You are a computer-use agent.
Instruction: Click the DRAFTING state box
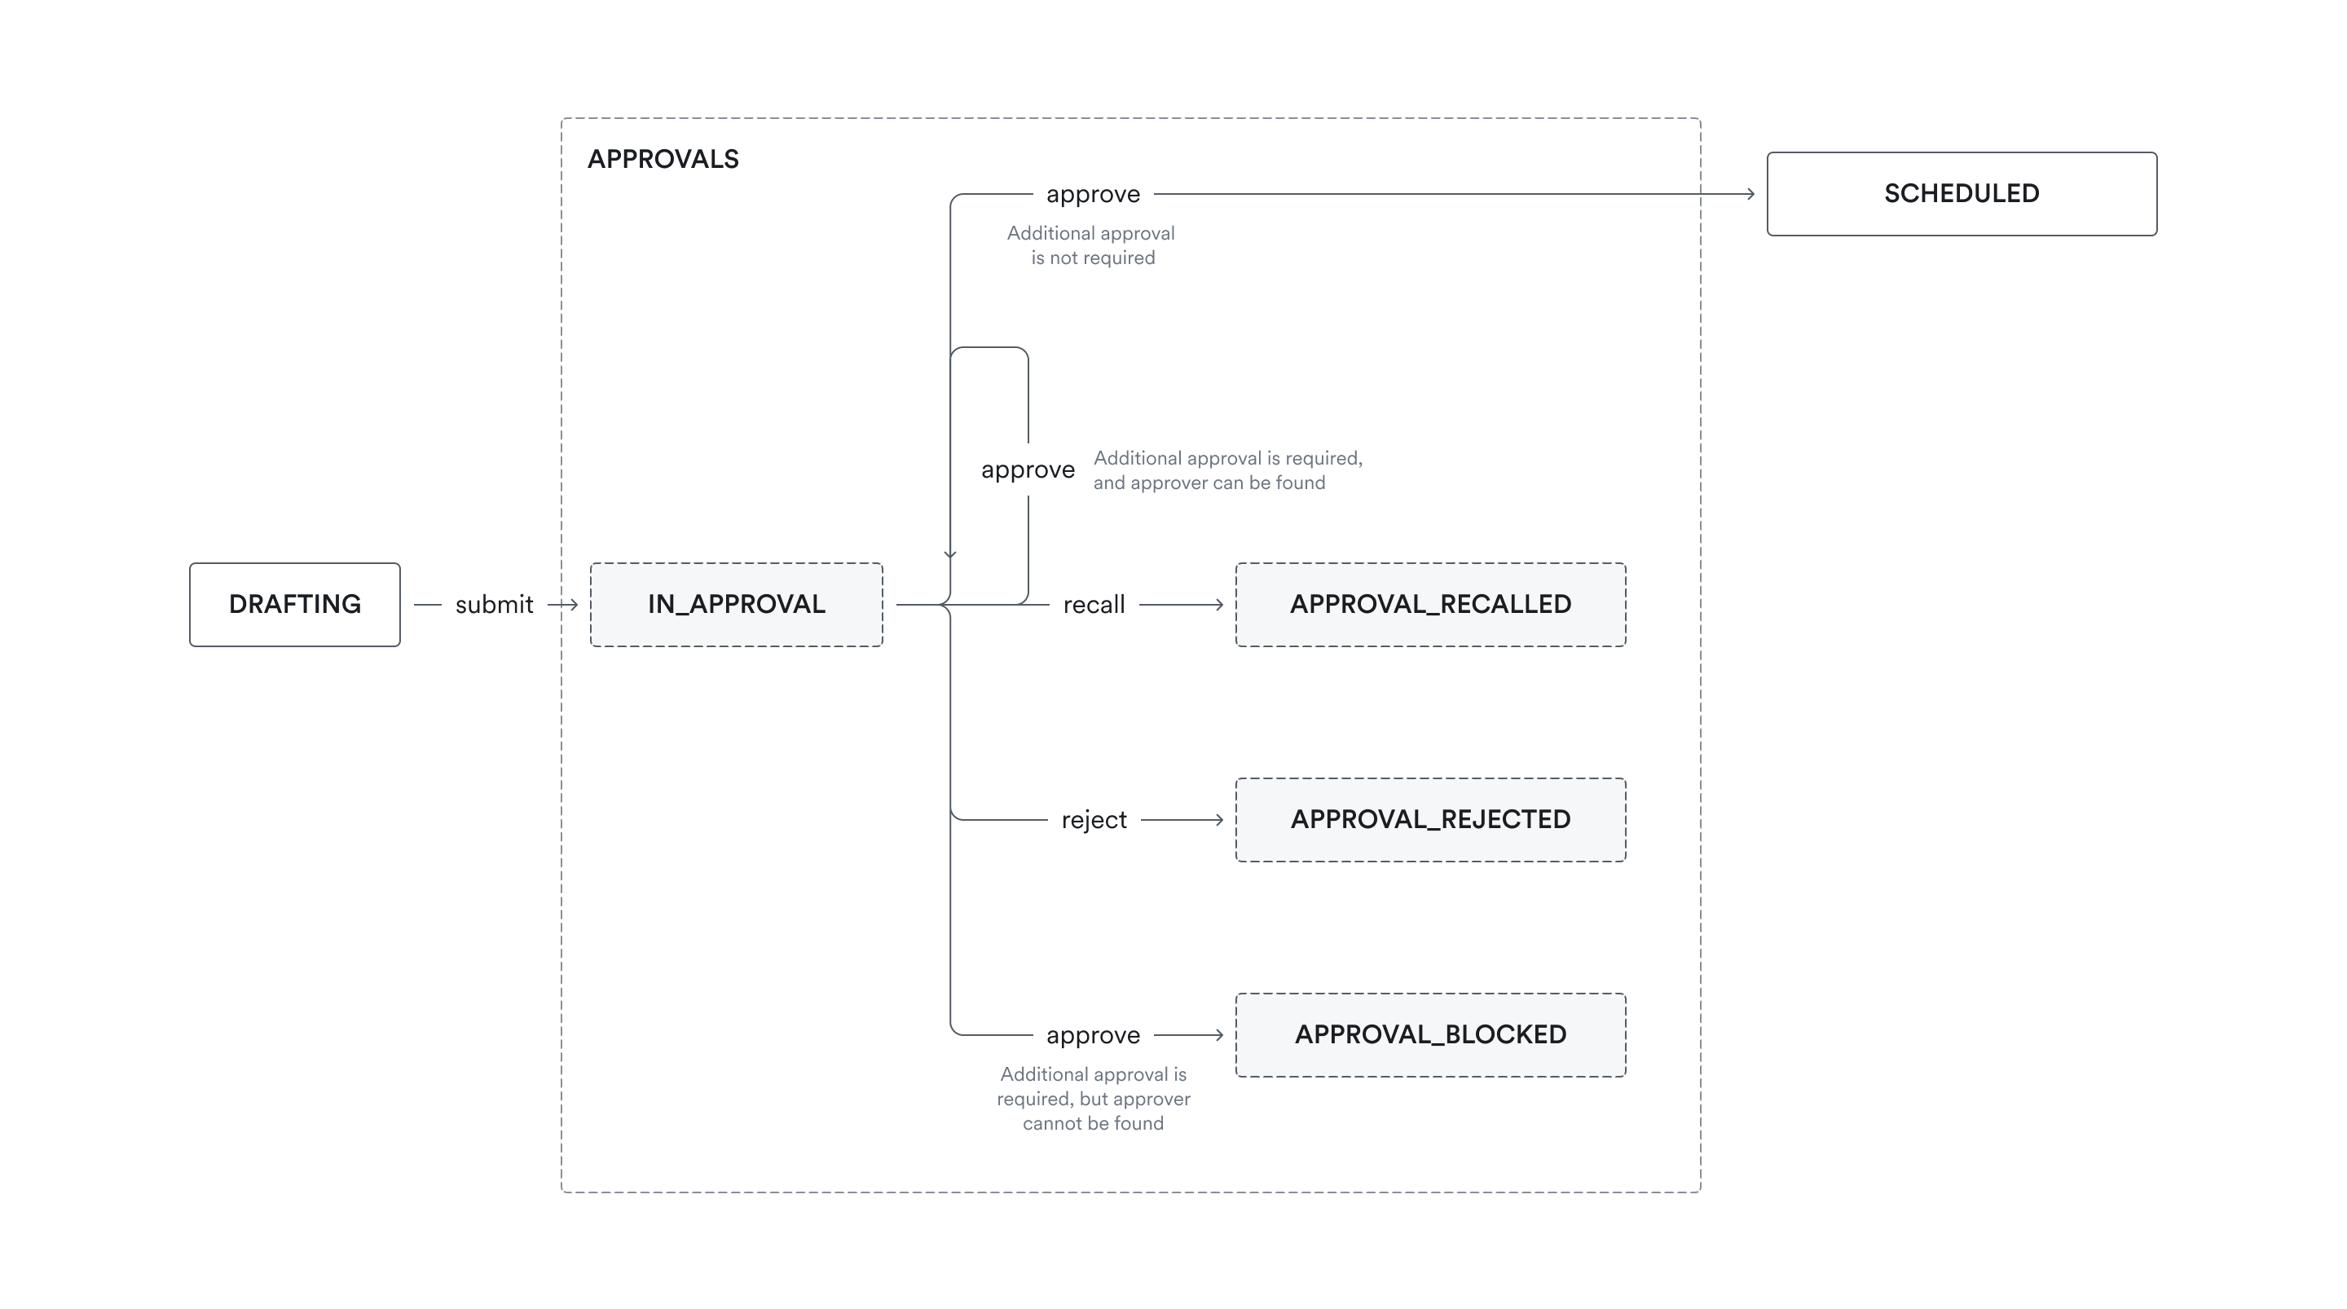(294, 604)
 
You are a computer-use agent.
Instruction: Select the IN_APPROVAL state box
(736, 604)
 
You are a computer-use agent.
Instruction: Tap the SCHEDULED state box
(1961, 193)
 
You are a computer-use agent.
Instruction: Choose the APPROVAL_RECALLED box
(1429, 604)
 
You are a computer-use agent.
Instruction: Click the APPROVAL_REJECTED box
(1429, 819)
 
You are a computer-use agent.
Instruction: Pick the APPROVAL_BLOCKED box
(1429, 1034)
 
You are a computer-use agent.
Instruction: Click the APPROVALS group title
(663, 160)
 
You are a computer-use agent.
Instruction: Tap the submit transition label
(494, 604)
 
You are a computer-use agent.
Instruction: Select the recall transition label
(1094, 604)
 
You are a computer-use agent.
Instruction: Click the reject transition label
(1094, 819)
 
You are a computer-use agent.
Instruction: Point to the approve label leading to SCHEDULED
(1092, 194)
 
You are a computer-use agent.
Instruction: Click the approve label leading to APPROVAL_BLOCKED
(1092, 1035)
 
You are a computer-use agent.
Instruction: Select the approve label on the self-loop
(1028, 469)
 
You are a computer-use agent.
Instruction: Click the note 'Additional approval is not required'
(1091, 245)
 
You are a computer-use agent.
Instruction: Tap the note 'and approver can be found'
(1209, 483)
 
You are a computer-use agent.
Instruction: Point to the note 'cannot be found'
(1092, 1123)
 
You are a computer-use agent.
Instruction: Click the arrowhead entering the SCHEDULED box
(1750, 193)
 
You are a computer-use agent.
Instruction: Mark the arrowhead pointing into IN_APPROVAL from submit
(573, 604)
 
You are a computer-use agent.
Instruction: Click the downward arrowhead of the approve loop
(950, 554)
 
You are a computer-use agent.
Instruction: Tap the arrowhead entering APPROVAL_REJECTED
(1218, 819)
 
